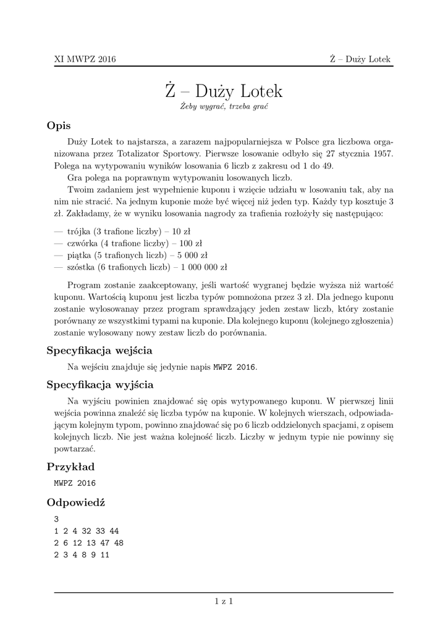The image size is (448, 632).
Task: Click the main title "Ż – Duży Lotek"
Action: (x=224, y=91)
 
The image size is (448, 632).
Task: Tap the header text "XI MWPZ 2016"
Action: (x=85, y=59)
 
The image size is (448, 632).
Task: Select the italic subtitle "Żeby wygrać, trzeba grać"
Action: (x=224, y=107)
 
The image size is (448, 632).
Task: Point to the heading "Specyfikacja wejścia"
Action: (x=99, y=351)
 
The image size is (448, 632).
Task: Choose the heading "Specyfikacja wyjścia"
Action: (x=100, y=385)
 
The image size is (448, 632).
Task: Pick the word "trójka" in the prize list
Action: (x=78, y=231)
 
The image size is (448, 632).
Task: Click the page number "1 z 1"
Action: (x=224, y=600)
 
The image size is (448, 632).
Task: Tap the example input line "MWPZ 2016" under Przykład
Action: (x=75, y=483)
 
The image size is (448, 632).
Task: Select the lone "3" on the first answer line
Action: (x=56, y=519)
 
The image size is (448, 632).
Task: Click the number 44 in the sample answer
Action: (x=114, y=531)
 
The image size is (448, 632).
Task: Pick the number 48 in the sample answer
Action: (x=119, y=543)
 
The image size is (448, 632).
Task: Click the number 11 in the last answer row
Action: (x=104, y=555)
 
